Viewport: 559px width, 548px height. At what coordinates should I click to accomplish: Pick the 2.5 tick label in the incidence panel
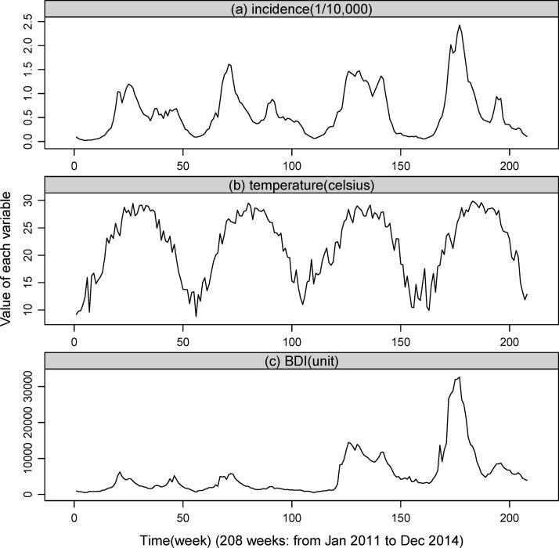(x=29, y=23)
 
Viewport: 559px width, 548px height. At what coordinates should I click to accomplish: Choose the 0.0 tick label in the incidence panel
(x=29, y=141)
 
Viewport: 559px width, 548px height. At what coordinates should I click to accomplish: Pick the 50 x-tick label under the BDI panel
(x=182, y=517)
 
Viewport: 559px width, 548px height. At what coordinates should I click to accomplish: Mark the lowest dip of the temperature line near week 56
(x=197, y=316)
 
